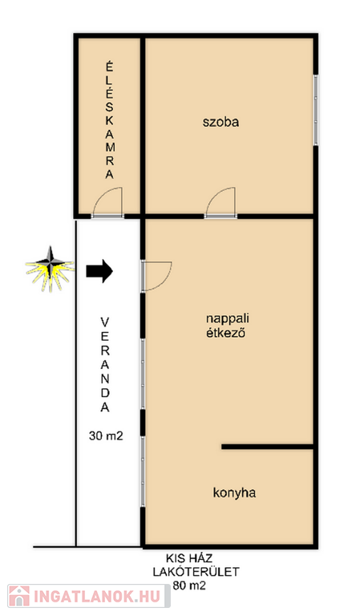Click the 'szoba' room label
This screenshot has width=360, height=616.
220,122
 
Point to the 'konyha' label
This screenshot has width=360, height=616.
234,492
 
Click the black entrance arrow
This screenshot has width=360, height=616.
99,271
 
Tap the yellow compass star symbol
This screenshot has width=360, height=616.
50,269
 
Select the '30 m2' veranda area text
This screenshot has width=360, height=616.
106,436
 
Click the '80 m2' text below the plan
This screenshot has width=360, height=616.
189,586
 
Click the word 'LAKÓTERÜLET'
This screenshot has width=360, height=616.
196,572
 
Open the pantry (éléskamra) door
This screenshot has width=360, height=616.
108,202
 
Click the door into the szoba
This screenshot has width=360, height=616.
220,202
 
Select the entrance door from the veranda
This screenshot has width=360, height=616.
156,276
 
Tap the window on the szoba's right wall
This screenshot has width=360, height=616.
315,110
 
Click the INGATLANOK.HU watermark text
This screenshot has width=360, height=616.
97,597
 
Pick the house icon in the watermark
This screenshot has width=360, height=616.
19,596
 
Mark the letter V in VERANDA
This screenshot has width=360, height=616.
105,322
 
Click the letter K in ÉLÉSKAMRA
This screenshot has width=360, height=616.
110,120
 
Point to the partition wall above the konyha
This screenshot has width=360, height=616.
267,447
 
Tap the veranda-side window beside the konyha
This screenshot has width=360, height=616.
143,472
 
